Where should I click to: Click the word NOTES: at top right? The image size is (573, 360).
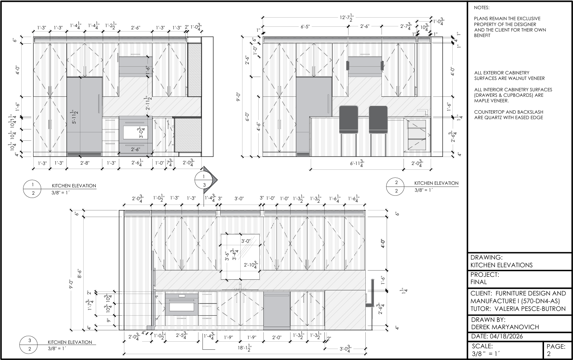(481, 8)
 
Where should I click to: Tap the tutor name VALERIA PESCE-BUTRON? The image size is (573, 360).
(530, 309)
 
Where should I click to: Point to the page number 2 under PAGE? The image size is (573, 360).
(549, 354)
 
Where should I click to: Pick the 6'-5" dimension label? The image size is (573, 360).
(305, 26)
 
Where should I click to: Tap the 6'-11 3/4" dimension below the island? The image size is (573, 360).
(357, 163)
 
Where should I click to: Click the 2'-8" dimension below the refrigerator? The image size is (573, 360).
(85, 163)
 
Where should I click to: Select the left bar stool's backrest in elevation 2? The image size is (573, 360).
(348, 120)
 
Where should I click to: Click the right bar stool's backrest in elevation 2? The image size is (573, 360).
(378, 120)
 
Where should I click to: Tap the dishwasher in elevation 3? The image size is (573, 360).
(277, 311)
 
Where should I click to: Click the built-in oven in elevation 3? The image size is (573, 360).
(182, 305)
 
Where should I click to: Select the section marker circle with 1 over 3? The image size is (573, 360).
(204, 180)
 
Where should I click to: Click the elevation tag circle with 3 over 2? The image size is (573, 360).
(30, 345)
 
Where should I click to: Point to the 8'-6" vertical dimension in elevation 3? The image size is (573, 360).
(80, 273)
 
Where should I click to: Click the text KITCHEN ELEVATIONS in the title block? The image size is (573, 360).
(501, 265)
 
